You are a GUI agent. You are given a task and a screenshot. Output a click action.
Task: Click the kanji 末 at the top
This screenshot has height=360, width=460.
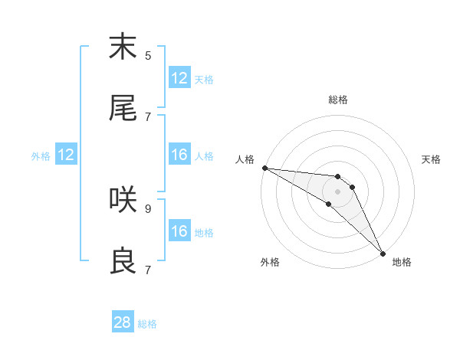[x=123, y=47]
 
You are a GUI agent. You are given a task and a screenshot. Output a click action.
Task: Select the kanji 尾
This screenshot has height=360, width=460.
[x=123, y=109]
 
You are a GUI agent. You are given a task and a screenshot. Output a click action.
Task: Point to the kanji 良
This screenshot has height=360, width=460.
[x=123, y=262]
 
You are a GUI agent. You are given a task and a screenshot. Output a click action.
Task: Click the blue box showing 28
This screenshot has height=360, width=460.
[x=123, y=322]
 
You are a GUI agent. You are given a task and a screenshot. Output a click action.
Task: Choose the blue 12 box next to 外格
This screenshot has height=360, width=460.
[x=66, y=155]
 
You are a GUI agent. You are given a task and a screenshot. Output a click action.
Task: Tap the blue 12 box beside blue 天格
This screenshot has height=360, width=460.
[x=179, y=78]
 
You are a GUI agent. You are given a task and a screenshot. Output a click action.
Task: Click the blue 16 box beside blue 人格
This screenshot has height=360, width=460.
[x=179, y=155]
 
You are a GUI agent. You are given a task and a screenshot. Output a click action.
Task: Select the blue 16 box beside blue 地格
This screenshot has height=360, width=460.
[x=179, y=231]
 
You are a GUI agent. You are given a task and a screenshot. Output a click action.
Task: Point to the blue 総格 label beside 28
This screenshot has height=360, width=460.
[x=147, y=324]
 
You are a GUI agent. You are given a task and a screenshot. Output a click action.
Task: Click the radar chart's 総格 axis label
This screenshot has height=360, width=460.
[x=338, y=100]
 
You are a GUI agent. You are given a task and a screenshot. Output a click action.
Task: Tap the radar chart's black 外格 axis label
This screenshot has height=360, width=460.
[x=270, y=263]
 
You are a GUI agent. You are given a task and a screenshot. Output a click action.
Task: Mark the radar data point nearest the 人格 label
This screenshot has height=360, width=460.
[x=264, y=168]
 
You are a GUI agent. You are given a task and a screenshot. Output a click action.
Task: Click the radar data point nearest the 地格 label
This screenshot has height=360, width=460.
[x=383, y=252]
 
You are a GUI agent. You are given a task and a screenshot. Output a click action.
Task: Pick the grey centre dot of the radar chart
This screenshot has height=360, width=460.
[x=338, y=191]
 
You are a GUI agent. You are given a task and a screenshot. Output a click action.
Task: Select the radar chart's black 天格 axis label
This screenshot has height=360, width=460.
[x=431, y=159]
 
